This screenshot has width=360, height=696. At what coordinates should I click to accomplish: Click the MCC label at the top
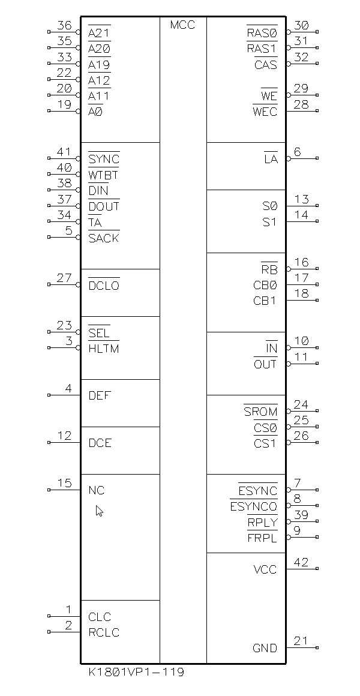(x=182, y=25)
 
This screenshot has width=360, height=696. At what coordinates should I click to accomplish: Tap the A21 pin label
(x=99, y=33)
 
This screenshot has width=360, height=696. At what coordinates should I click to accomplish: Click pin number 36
(x=64, y=26)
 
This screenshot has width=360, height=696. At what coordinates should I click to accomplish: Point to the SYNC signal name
(x=104, y=160)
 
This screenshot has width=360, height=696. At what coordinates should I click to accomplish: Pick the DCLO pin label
(x=104, y=286)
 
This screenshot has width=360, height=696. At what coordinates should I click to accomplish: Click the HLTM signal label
(x=104, y=349)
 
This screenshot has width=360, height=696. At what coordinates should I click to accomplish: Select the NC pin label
(x=97, y=490)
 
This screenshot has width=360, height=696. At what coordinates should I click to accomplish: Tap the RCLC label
(x=104, y=632)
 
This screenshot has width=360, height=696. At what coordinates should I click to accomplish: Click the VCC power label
(x=265, y=569)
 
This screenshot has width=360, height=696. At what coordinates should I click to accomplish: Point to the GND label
(x=265, y=648)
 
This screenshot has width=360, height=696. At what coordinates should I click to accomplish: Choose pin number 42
(x=301, y=562)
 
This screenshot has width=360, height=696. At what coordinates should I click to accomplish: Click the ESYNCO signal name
(x=254, y=507)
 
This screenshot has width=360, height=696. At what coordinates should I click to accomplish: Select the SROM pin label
(x=261, y=412)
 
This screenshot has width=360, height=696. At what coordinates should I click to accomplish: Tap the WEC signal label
(x=265, y=112)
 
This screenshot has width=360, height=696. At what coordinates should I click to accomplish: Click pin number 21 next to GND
(x=301, y=641)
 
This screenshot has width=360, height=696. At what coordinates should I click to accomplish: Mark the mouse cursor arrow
(x=99, y=511)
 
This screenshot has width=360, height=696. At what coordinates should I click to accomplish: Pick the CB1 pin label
(x=265, y=301)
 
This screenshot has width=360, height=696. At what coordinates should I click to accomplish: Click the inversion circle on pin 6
(x=289, y=158)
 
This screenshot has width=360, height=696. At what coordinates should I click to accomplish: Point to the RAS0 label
(x=262, y=33)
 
